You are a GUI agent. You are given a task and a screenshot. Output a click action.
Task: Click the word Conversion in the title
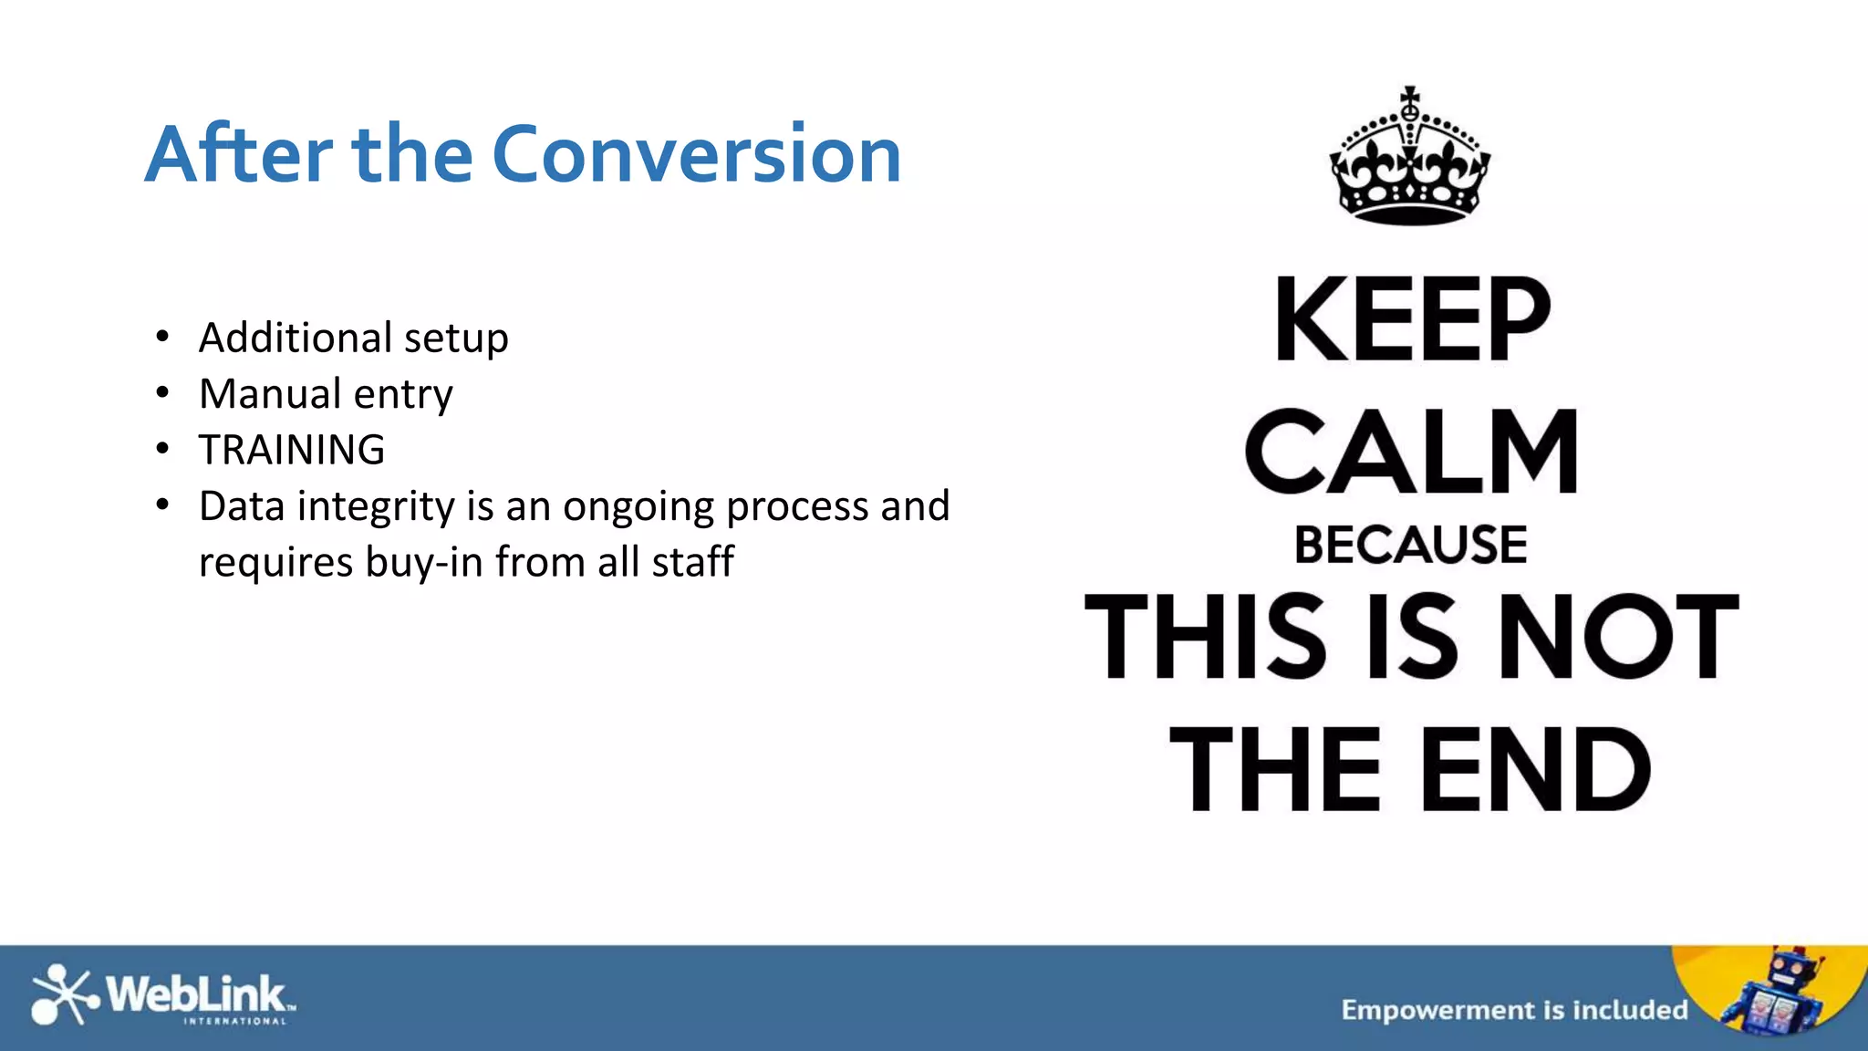696,154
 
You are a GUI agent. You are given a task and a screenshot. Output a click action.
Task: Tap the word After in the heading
239,154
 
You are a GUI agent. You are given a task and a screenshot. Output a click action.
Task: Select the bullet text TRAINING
292,450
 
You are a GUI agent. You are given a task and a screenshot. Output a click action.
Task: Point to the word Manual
270,394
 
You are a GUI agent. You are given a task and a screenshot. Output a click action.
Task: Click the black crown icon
1410,164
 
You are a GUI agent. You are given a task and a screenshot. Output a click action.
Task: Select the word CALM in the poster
1411,452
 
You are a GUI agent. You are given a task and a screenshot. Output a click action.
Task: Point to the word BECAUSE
1410,545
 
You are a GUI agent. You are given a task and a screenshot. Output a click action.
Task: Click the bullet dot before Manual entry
162,394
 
